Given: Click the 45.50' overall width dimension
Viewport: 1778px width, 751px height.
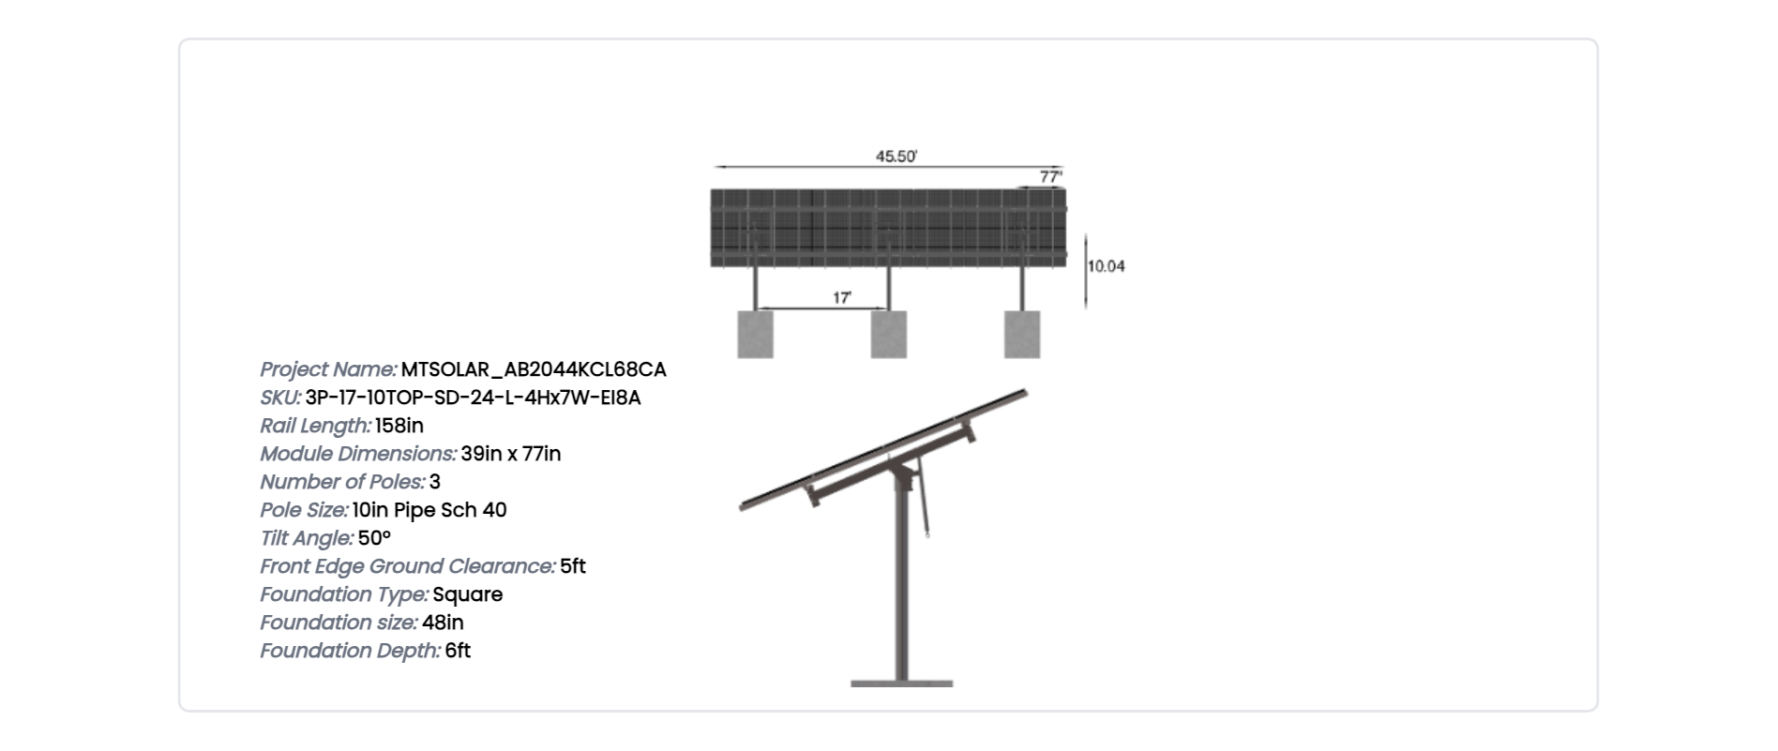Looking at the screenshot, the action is (896, 157).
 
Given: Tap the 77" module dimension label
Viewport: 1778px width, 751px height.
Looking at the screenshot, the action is (1050, 176).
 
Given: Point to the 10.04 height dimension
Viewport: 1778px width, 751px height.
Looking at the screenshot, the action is (1106, 266).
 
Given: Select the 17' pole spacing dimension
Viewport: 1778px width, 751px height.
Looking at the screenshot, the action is (842, 297).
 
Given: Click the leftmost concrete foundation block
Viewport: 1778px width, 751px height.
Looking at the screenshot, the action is (756, 334).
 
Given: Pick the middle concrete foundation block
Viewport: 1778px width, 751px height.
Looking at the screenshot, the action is (889, 334).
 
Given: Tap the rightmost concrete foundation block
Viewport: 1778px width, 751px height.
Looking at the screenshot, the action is (1022, 334).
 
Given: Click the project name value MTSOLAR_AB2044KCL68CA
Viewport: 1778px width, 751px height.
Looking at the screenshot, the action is (534, 369).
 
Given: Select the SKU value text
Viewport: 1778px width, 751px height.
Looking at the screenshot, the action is (473, 398).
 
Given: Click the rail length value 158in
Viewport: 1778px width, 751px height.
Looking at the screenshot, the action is (399, 426).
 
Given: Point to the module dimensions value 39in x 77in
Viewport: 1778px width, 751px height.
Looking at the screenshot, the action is (511, 454).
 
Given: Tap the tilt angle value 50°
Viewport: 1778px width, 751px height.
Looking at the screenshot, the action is (374, 538).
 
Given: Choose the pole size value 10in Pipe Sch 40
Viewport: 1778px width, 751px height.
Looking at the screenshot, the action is (429, 510).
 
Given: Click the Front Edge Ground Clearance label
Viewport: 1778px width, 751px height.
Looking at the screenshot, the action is (408, 566).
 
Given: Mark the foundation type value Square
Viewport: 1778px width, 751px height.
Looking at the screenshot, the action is (468, 594).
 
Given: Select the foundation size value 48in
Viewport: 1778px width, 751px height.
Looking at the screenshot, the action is (443, 623).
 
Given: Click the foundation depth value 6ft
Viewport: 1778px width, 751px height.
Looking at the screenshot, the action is (458, 651).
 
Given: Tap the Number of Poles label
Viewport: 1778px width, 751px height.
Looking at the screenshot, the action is (342, 482).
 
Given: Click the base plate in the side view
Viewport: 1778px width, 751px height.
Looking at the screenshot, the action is (902, 683).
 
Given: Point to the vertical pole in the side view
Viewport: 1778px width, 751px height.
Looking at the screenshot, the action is (902, 581).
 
